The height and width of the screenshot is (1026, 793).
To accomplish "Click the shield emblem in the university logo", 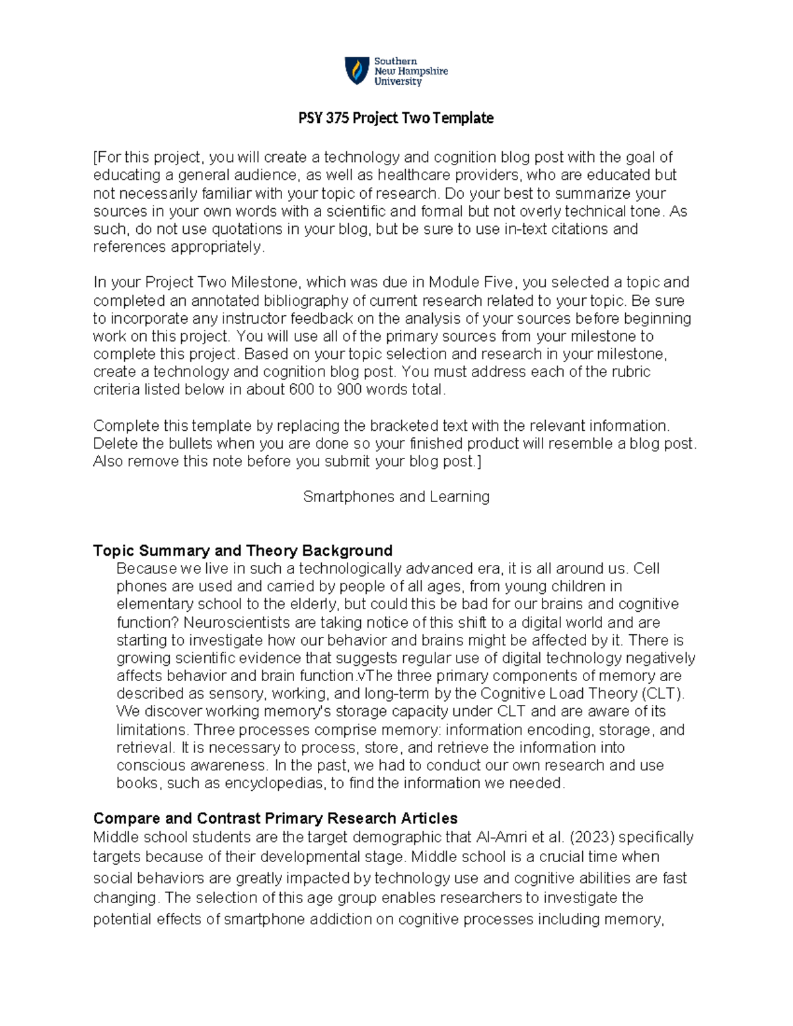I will point(357,71).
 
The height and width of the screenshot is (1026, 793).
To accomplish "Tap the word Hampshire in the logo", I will point(423,71).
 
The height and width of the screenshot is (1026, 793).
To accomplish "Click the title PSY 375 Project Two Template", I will point(396,118).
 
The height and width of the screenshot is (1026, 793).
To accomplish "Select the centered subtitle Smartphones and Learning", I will point(396,497).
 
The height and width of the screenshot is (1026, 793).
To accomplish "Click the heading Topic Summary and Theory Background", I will point(243,551).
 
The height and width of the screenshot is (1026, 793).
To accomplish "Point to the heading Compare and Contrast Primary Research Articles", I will point(275,819).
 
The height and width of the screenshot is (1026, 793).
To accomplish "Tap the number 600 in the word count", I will point(301,390).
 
